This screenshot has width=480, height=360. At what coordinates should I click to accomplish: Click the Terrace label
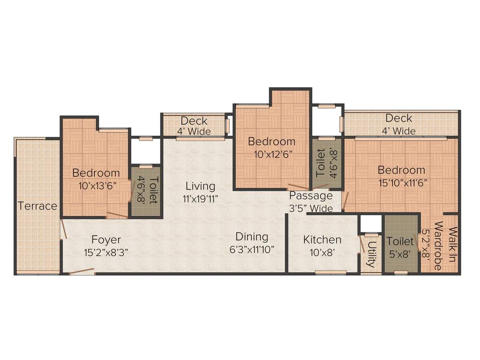37,206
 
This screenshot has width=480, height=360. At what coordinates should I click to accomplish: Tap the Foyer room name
106,240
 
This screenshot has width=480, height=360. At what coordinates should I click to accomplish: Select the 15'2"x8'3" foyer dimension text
106,252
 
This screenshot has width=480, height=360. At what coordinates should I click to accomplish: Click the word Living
200,186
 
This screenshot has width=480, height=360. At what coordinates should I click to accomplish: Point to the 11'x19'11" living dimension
201,198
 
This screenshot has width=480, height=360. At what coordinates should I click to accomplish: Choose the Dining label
252,237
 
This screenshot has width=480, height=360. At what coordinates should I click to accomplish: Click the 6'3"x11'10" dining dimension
252,249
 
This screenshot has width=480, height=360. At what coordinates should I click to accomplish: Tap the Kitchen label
322,240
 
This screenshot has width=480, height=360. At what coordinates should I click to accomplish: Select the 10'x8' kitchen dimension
322,252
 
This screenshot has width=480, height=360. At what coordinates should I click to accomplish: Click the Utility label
371,254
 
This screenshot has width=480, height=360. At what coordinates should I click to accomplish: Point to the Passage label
311,195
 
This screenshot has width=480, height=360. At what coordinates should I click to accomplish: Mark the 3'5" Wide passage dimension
311,208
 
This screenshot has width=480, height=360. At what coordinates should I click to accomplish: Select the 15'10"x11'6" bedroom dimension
402,182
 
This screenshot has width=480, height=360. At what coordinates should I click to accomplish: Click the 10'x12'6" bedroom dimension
271,154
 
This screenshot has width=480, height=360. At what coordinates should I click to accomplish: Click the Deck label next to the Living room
194,121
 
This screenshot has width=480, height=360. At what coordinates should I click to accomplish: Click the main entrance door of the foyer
82,271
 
